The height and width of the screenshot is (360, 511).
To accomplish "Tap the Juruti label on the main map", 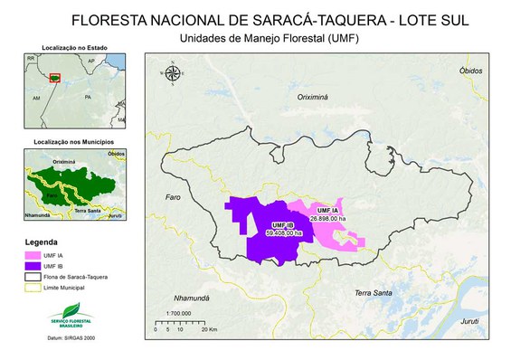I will pos(468,319).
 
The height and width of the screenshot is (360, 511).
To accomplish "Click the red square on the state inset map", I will pos(56,78).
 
